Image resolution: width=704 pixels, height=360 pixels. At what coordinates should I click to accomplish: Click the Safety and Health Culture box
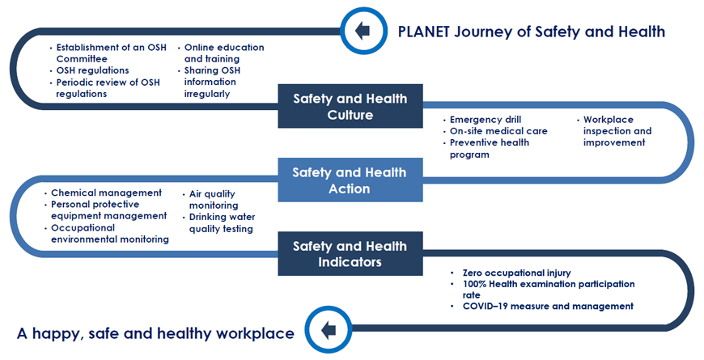[x=350, y=106]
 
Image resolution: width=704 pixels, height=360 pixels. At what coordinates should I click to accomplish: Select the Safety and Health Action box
[x=350, y=180]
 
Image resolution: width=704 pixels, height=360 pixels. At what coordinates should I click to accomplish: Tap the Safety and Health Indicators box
[x=350, y=253]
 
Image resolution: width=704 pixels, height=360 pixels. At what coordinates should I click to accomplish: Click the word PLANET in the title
[x=424, y=32]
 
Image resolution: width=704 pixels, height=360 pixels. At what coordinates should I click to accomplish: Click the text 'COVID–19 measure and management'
[x=548, y=306]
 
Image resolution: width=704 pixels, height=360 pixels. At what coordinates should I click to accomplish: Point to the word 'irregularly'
[x=207, y=94]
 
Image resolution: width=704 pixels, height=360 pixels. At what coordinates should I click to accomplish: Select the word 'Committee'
[x=82, y=59]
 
